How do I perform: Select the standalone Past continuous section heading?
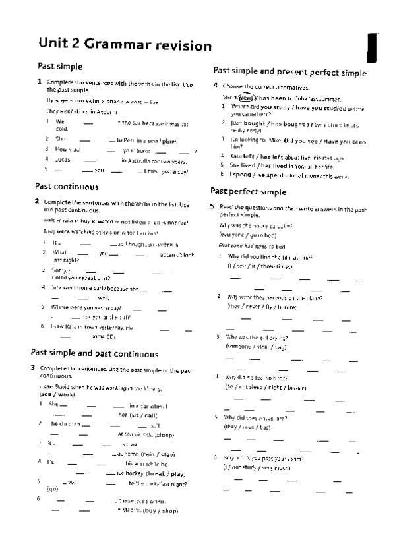pyautogui.click(x=67, y=187)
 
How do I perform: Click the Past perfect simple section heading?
pyautogui.click(x=248, y=191)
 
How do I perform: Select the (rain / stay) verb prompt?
pyautogui.click(x=157, y=454)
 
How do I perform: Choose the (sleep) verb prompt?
pyautogui.click(x=158, y=435)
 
